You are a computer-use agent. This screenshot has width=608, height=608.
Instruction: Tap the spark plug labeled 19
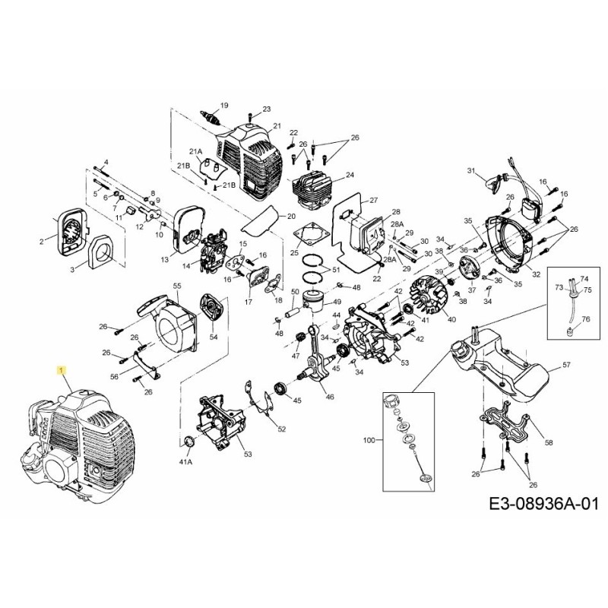pyautogui.click(x=213, y=119)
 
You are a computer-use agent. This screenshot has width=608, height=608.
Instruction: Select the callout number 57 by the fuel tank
pyautogui.click(x=565, y=366)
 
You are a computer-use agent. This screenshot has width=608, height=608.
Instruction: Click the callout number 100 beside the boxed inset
pyautogui.click(x=370, y=440)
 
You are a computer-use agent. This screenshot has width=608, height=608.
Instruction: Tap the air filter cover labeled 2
pyautogui.click(x=69, y=229)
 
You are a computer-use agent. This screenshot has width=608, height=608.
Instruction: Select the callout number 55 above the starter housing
pyautogui.click(x=177, y=286)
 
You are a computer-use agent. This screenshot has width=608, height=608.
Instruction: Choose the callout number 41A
pyautogui.click(x=185, y=461)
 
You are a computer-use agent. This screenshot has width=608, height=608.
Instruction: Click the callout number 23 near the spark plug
pyautogui.click(x=266, y=109)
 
